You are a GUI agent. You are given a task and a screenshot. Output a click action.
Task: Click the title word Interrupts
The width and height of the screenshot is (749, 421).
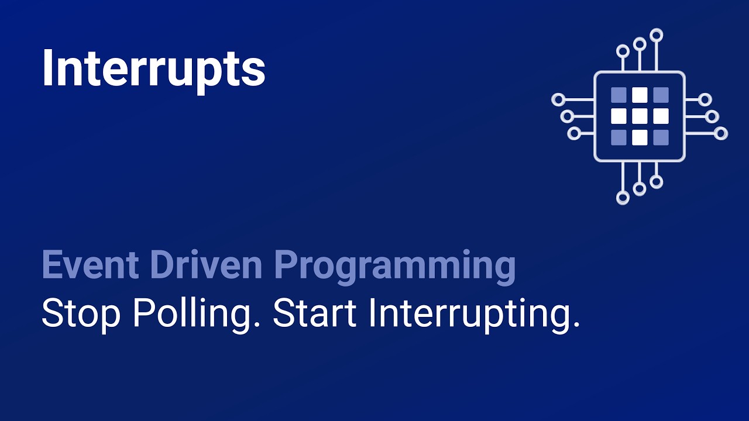click(153, 69)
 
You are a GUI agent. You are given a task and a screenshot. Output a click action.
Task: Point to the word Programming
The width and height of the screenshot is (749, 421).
click(395, 266)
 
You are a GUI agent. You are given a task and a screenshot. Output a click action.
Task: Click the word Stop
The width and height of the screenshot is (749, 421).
click(81, 314)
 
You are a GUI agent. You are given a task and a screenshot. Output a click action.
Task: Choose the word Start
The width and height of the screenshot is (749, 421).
click(315, 314)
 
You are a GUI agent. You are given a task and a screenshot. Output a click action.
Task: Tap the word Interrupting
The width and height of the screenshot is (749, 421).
click(474, 315)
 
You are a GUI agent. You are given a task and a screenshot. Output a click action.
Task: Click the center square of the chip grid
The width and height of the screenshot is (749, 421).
click(640, 116)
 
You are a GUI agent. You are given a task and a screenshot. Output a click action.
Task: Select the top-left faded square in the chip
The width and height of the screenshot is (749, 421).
click(619, 95)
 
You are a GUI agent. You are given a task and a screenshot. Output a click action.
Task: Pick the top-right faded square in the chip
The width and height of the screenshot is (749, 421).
click(661, 95)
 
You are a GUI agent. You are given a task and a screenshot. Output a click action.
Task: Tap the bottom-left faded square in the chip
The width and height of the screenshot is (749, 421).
click(619, 137)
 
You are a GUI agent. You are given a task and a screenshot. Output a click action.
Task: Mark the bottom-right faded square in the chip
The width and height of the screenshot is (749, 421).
click(661, 137)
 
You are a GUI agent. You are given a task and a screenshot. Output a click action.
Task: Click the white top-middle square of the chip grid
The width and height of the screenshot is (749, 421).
click(640, 95)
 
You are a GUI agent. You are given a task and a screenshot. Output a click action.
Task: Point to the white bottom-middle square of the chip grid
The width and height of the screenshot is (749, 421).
click(640, 137)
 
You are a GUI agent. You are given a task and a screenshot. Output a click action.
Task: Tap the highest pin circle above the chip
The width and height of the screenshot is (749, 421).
click(656, 35)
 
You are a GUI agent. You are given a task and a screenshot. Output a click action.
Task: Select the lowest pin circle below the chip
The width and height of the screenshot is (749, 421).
click(623, 198)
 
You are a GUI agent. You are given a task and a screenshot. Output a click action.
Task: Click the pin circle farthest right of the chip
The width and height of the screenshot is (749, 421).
click(721, 133)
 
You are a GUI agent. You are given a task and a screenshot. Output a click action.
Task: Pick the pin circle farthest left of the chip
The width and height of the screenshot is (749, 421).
click(558, 99)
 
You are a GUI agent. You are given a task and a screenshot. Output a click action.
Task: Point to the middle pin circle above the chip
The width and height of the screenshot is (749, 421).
click(640, 44)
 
